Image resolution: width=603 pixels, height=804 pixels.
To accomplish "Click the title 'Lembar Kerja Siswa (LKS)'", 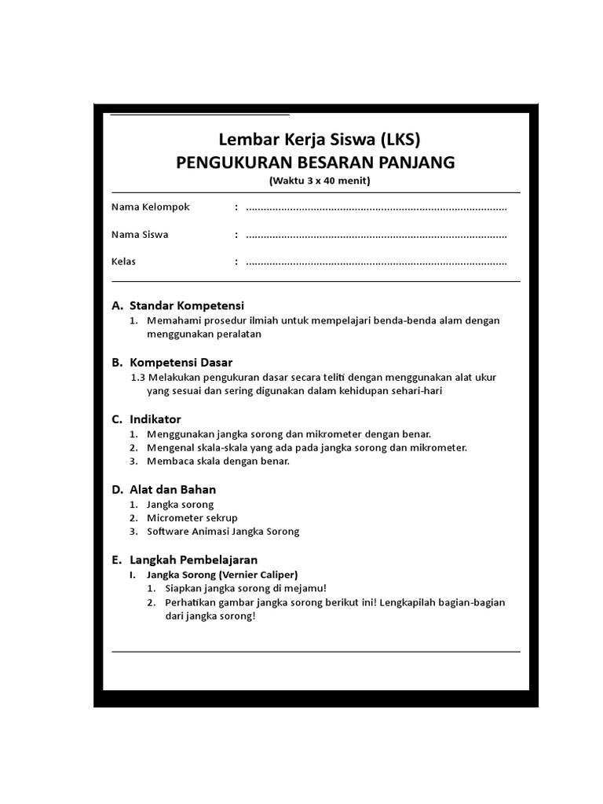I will pyautogui.click(x=319, y=141).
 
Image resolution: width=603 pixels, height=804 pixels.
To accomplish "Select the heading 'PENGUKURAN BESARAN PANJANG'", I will pyautogui.click(x=315, y=163).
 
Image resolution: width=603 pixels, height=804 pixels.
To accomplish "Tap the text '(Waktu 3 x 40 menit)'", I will pyautogui.click(x=319, y=181).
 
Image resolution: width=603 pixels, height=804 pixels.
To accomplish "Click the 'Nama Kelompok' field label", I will pyautogui.click(x=150, y=207).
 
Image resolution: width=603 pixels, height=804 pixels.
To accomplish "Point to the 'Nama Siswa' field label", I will pyautogui.click(x=140, y=235).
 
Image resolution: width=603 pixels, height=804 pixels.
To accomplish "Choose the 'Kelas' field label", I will pyautogui.click(x=123, y=261).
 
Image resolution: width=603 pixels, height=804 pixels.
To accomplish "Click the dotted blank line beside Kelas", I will pyautogui.click(x=376, y=262).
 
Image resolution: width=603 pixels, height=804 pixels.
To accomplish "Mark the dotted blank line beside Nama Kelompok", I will pyautogui.click(x=376, y=208).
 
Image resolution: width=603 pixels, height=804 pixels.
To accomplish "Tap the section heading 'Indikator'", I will pyautogui.click(x=155, y=419).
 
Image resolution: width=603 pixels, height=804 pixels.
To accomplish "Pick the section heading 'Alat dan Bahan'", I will pyautogui.click(x=173, y=489).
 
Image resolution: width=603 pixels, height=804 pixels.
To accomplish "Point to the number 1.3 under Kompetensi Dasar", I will pyautogui.click(x=139, y=377).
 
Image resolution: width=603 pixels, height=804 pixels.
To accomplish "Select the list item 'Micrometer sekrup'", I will pyautogui.click(x=192, y=518).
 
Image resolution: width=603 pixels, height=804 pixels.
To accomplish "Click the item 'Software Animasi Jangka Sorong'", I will pyautogui.click(x=223, y=532).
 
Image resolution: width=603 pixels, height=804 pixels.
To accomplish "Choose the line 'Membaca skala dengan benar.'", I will pyautogui.click(x=218, y=461).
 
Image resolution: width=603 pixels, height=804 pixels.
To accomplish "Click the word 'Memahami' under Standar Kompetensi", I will pyautogui.click(x=170, y=320).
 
